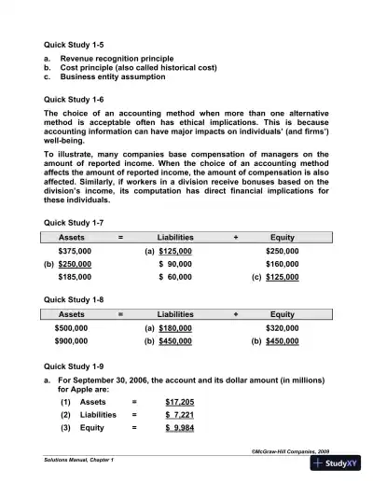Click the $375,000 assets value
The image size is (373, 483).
[x=75, y=252]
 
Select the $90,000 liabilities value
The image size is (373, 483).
[x=176, y=265]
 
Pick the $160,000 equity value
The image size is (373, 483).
[x=282, y=265]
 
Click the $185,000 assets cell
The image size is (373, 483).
[x=75, y=278]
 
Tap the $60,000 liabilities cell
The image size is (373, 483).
[x=176, y=278]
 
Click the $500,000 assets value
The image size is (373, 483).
[x=75, y=328]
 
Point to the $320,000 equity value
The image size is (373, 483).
[x=282, y=328]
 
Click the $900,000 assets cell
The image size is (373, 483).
[x=75, y=341]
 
